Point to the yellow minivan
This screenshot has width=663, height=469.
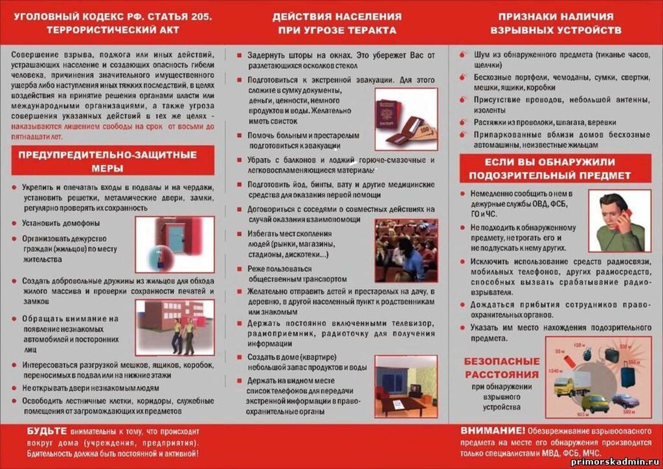coord(594,404)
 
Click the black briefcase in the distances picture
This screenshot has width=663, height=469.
coord(611,354)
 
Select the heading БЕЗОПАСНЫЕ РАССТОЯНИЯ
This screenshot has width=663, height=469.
coord(502,368)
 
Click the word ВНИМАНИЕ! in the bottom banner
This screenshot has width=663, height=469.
coord(492,430)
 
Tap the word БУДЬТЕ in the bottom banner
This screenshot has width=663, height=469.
coord(47,431)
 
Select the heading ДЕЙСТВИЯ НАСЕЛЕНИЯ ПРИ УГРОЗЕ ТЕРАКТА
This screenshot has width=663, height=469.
coord(336,23)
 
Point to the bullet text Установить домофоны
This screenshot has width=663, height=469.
coord(61,223)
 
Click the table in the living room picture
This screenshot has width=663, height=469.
coord(398,405)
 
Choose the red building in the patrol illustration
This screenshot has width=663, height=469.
coord(162,317)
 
